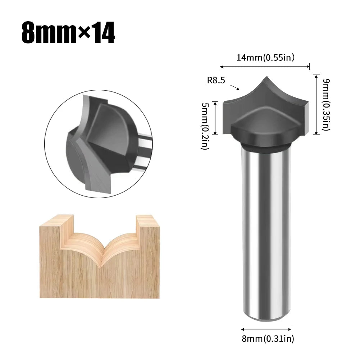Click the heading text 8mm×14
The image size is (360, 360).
[68, 33]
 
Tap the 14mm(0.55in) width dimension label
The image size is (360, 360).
[265, 58]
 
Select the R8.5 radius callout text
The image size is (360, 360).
[216, 81]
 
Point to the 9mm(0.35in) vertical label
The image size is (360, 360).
[325, 104]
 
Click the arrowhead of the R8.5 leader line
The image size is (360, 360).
[238, 88]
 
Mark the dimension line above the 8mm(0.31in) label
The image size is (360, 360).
[266, 329]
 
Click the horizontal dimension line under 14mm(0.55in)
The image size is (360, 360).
[264, 66]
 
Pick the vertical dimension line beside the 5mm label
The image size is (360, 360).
[215, 118]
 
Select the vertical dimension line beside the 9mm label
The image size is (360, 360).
[316, 104]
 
